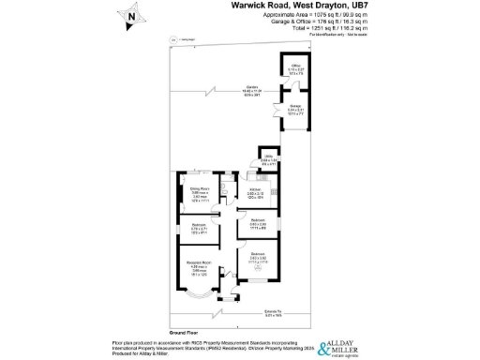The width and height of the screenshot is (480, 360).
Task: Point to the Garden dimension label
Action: pyautogui.click(x=227, y=91)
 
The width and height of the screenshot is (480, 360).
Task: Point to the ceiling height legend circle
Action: pyautogui.click(x=174, y=39)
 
